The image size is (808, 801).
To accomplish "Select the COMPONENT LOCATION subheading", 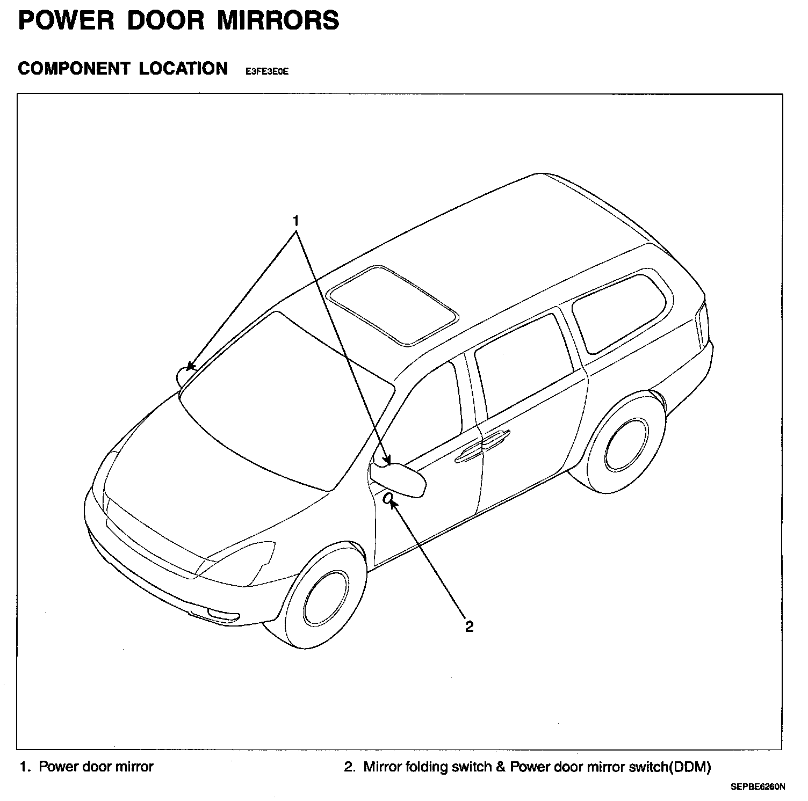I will tap(123, 69).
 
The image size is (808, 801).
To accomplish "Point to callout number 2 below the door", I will tap(469, 627).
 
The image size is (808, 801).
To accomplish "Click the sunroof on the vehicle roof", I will tap(393, 304).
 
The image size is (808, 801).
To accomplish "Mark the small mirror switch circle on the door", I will tap(387, 499).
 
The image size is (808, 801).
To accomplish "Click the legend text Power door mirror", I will tap(96, 767).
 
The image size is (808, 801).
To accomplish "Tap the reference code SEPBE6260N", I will tap(757, 788).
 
